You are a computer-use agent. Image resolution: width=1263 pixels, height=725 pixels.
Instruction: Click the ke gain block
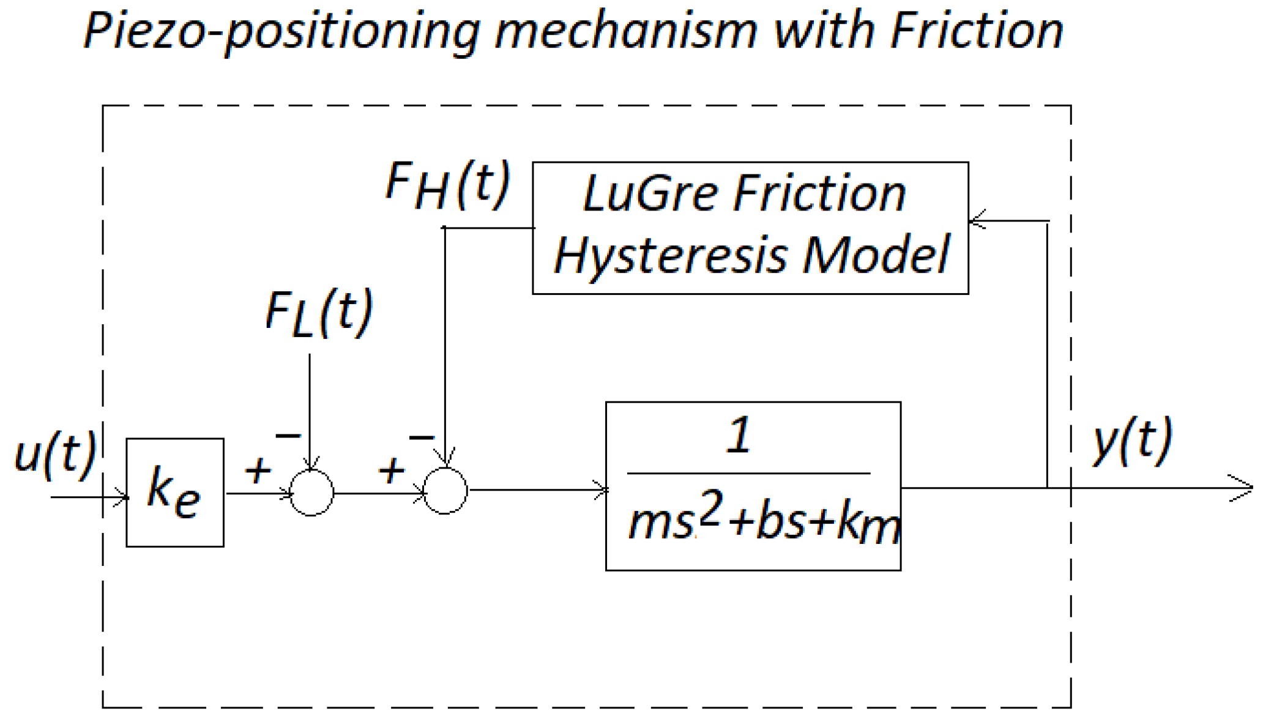[x=175, y=492]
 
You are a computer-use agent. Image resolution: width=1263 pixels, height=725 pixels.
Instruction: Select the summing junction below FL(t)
[x=311, y=493]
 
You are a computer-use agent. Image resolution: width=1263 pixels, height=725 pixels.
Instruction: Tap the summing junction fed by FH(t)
[x=445, y=491]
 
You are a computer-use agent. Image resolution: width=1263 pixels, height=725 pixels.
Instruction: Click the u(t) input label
[x=55, y=453]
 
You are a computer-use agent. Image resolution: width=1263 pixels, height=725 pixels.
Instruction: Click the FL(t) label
[x=319, y=313]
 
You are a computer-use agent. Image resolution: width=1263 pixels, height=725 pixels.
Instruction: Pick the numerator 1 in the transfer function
[x=739, y=435]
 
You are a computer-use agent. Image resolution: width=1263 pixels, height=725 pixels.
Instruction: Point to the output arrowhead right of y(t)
[x=1242, y=488]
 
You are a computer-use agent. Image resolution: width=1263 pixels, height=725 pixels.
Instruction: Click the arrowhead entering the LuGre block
[x=978, y=220]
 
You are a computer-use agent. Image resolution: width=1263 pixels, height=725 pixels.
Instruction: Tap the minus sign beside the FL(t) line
[x=288, y=436]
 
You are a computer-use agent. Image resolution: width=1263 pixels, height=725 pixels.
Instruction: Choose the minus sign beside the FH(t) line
[x=422, y=437]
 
